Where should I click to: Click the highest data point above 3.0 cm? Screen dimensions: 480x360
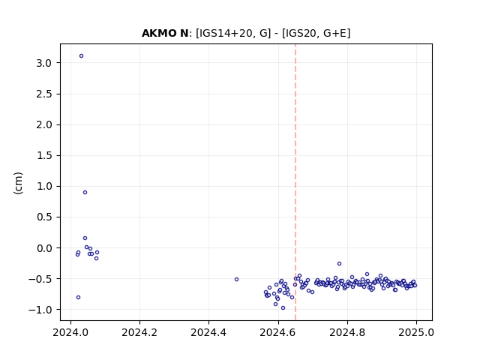82,56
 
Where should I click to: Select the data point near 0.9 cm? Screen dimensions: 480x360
85,193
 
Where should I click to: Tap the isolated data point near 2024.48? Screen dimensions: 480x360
237,280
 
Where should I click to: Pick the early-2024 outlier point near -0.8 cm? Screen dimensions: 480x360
78,298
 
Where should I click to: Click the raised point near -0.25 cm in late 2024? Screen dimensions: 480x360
339,264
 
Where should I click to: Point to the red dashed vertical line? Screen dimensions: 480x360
295,182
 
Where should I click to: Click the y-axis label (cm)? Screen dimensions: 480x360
18,183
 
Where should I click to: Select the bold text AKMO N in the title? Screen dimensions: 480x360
165,33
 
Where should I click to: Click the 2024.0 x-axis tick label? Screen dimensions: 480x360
70,332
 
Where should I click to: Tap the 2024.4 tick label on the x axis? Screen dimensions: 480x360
208,332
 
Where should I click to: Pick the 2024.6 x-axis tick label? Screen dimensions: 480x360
278,332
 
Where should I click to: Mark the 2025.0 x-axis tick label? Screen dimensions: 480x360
416,332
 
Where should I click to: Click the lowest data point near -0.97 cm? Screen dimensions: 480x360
283,308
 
